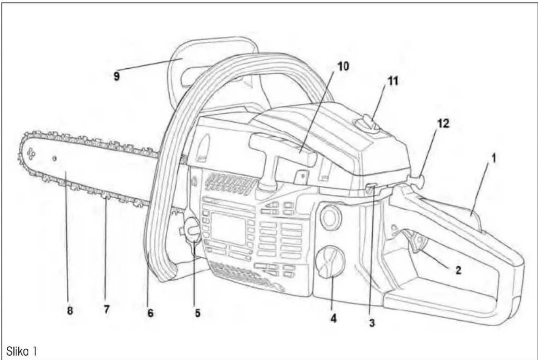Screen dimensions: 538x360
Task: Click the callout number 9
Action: coord(116,77)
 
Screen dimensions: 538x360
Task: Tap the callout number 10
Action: coord(343,66)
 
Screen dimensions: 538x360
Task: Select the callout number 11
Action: coord(393,81)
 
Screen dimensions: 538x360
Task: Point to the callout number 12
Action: coord(443,124)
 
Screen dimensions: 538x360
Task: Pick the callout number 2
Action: coord(458,271)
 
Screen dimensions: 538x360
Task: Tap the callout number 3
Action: coord(372,323)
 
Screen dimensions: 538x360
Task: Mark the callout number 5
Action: coord(197,313)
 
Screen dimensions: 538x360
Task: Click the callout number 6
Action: coord(150,313)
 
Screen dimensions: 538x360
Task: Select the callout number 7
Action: coord(106,309)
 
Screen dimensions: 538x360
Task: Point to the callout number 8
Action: coord(70,311)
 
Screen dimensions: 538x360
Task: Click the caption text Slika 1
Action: coord(21,352)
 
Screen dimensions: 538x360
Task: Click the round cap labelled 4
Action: coord(331,262)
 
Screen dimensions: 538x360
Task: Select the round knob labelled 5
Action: coord(192,230)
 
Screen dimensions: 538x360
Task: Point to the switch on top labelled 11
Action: coord(367,124)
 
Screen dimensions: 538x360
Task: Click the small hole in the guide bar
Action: coord(55,159)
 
